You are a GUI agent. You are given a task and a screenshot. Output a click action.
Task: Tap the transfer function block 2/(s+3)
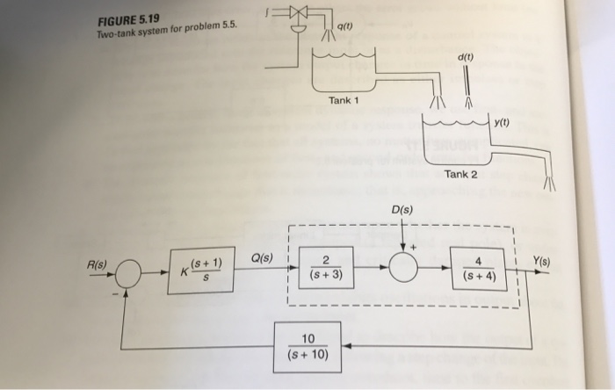point(326,268)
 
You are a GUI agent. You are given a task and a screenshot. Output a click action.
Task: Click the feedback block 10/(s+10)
point(307,346)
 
